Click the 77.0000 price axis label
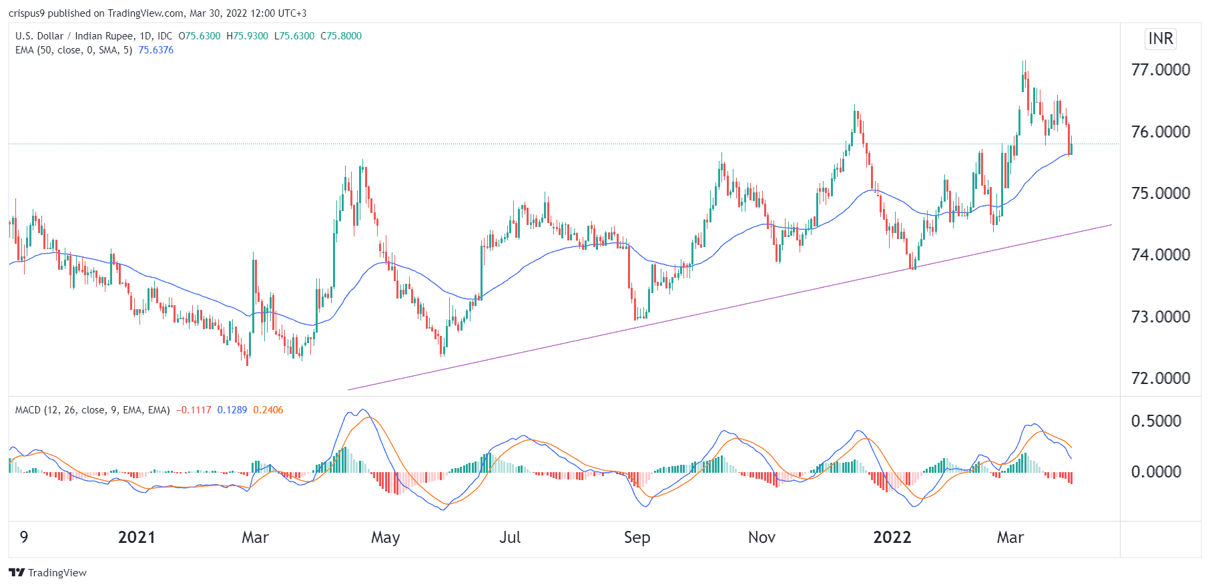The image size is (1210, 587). pyautogui.click(x=1160, y=69)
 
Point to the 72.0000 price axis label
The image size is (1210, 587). pyautogui.click(x=1160, y=378)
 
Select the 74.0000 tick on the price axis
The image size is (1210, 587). pyautogui.click(x=1160, y=254)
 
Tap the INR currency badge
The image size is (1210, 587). pyautogui.click(x=1161, y=39)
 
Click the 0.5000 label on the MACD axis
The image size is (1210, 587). pyautogui.click(x=1156, y=421)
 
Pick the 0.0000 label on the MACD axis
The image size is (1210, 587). pyautogui.click(x=1156, y=471)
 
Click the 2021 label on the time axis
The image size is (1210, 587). pyautogui.click(x=136, y=538)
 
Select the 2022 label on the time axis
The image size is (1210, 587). pyautogui.click(x=892, y=538)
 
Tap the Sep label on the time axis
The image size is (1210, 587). pyautogui.click(x=637, y=538)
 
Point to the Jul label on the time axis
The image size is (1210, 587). pyautogui.click(x=510, y=538)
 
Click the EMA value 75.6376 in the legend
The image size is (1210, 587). pyautogui.click(x=156, y=50)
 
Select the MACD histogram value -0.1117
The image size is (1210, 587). pyautogui.click(x=194, y=410)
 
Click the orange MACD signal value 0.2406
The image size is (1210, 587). pyautogui.click(x=268, y=410)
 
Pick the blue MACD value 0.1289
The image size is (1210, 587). pyautogui.click(x=232, y=410)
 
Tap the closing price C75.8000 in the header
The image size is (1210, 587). pyautogui.click(x=341, y=36)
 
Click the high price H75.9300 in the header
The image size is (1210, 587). pyautogui.click(x=247, y=36)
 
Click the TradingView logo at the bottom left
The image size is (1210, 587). pyautogui.click(x=47, y=572)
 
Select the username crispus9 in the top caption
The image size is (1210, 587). pyautogui.click(x=27, y=13)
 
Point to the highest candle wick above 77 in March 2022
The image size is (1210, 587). pyautogui.click(x=1024, y=62)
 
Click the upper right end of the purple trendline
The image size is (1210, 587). pyautogui.click(x=1111, y=225)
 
